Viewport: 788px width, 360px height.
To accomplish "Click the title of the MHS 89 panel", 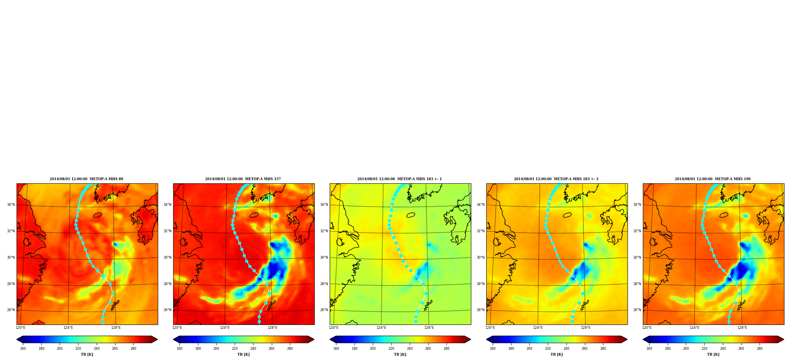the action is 86,179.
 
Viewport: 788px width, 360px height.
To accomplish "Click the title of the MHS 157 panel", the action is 243,179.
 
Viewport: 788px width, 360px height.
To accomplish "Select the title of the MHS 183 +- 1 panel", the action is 400,179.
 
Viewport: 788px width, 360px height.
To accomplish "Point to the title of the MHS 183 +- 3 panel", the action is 556,179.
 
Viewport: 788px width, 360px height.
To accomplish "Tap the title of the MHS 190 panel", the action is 713,179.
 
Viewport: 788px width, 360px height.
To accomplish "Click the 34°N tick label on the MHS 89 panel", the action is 11,205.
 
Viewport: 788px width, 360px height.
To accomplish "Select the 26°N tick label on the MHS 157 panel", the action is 167,310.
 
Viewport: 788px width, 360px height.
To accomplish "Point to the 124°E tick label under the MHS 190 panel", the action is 695,328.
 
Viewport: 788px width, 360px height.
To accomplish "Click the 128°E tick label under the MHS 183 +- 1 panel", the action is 429,328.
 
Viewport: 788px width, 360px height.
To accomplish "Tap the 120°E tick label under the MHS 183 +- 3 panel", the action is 490,328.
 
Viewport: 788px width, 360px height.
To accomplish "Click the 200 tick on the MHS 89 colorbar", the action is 60,349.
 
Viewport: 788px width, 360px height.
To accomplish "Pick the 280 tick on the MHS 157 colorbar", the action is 290,349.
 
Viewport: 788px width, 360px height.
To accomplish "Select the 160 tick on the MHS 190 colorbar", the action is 649,349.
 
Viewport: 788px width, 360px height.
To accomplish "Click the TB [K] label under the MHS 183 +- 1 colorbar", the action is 400,354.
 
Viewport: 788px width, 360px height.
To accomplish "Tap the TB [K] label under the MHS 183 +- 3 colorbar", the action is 557,354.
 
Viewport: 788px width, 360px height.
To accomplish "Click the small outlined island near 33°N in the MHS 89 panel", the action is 97,215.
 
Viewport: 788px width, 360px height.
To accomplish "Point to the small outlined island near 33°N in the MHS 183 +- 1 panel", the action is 411,215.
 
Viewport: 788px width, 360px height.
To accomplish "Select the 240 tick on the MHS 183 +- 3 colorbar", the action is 566,349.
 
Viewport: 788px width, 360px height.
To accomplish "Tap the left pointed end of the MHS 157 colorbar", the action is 174,339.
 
